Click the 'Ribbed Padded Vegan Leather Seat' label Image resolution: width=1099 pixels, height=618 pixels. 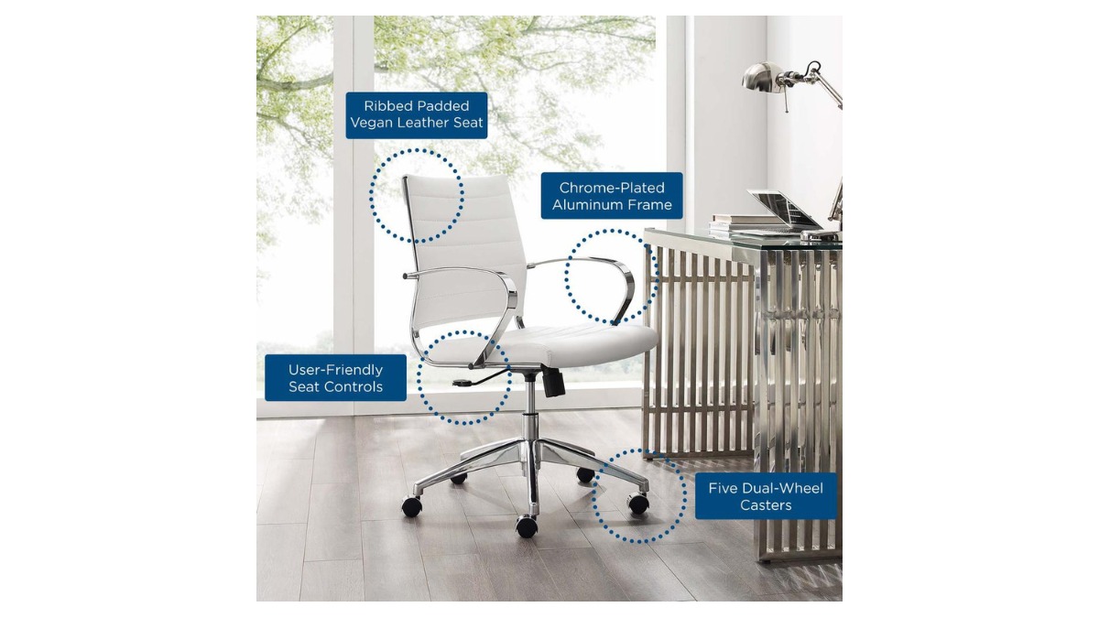point(417,115)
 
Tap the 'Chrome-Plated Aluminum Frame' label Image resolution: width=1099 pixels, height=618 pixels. point(612,196)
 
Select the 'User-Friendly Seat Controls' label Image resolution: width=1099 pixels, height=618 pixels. point(335,377)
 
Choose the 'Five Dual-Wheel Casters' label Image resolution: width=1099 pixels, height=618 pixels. point(766,496)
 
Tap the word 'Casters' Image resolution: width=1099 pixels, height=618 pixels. point(766,504)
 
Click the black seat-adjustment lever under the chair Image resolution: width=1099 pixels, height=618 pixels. point(479,378)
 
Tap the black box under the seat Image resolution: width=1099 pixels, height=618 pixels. point(554,383)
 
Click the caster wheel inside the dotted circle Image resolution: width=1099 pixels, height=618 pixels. point(638,504)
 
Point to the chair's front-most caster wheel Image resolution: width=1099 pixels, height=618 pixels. point(527,526)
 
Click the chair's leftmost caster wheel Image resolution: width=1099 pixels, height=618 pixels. point(412,505)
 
